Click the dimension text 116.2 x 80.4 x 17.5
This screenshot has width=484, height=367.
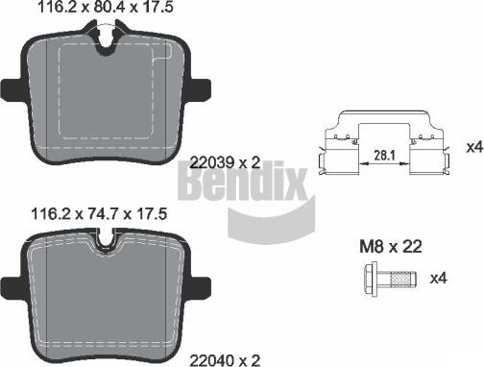106,7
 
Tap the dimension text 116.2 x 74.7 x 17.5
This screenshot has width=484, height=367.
99,213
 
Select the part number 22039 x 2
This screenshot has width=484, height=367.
225,162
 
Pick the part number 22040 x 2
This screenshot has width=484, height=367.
225,360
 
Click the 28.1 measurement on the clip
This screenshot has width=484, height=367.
384,156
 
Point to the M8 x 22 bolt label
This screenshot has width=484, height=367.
391,247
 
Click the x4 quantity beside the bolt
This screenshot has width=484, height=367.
438,278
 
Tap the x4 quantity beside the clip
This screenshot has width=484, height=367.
474,147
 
